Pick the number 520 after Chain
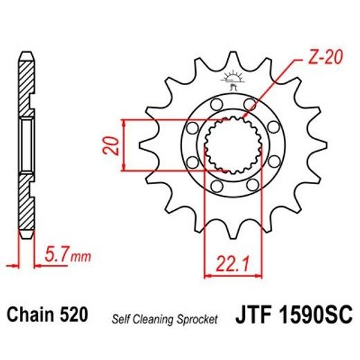74,316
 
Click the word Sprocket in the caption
199,319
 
